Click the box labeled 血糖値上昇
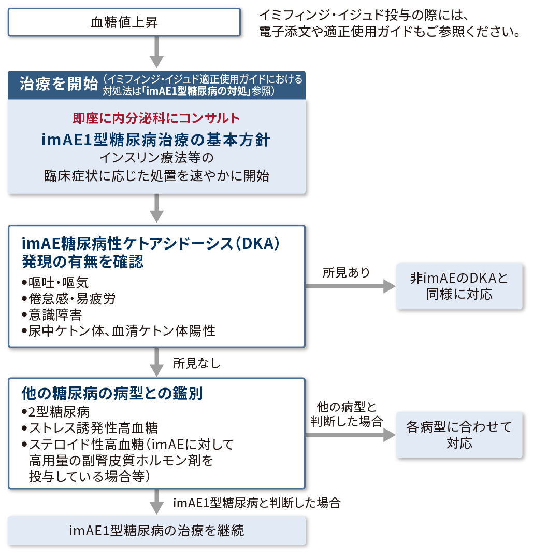pyautogui.click(x=124, y=22)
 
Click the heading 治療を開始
pyautogui.click(x=59, y=84)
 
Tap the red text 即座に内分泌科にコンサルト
pyautogui.click(x=156, y=118)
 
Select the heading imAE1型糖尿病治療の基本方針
pyautogui.click(x=156, y=140)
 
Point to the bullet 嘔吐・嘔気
pyautogui.click(x=55, y=283)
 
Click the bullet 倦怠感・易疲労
pyautogui.click(x=68, y=299)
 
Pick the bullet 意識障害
pyautogui.click(x=51, y=315)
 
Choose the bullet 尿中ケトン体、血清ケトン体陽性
pyautogui.click(x=118, y=331)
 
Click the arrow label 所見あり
pyautogui.click(x=346, y=273)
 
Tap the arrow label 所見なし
pyautogui.click(x=196, y=363)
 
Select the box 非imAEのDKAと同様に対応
pyautogui.click(x=459, y=286)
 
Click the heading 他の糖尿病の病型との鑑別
pyautogui.click(x=112, y=393)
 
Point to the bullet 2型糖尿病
pyautogui.click(x=55, y=412)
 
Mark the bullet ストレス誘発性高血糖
pyautogui.click(x=90, y=428)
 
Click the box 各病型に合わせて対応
pyautogui.click(x=459, y=435)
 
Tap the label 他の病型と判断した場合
pyautogui.click(x=347, y=414)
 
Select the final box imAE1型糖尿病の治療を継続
pyautogui.click(x=156, y=531)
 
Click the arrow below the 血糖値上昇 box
pyautogui.click(x=156, y=52)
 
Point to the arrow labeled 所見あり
pyautogui.click(x=350, y=286)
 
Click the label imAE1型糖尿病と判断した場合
pyautogui.click(x=256, y=503)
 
